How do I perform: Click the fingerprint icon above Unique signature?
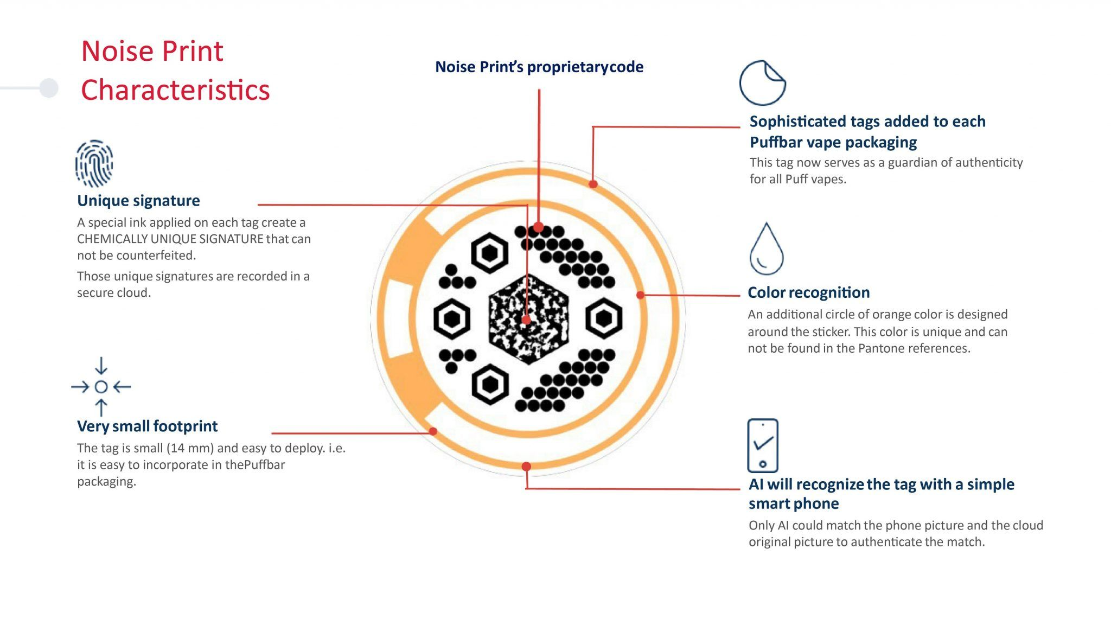[94, 163]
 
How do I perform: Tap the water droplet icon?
[766, 248]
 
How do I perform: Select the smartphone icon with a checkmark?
[763, 445]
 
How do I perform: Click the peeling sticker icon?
[762, 82]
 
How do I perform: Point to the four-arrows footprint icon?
[101, 386]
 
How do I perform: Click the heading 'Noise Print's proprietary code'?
[539, 67]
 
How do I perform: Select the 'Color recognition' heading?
[808, 292]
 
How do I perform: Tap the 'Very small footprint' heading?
[147, 426]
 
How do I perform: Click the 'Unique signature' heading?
[138, 201]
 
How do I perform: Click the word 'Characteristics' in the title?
[175, 90]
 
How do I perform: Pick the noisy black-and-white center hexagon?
[528, 318]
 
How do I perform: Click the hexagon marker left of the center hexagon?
[452, 318]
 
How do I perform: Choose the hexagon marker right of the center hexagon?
[604, 318]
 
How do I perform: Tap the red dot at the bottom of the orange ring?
[526, 466]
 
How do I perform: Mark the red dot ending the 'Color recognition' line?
[640, 295]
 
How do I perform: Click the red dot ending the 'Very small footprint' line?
[433, 431]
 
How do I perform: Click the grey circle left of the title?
[49, 88]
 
